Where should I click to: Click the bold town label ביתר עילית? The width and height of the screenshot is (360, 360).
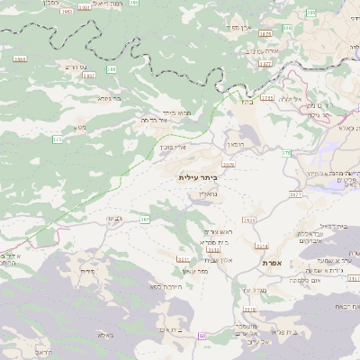click(198, 177)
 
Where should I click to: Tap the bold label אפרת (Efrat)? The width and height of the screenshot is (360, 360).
click(274, 262)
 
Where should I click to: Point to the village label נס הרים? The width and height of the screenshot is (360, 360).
click(71, 67)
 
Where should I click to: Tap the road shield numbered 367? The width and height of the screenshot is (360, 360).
click(145, 219)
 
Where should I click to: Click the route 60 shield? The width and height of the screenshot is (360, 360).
click(202, 336)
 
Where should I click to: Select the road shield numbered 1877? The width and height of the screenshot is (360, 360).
click(265, 33)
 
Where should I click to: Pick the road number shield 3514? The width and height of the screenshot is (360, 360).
click(262, 245)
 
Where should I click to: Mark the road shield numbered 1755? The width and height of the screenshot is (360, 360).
click(266, 96)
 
